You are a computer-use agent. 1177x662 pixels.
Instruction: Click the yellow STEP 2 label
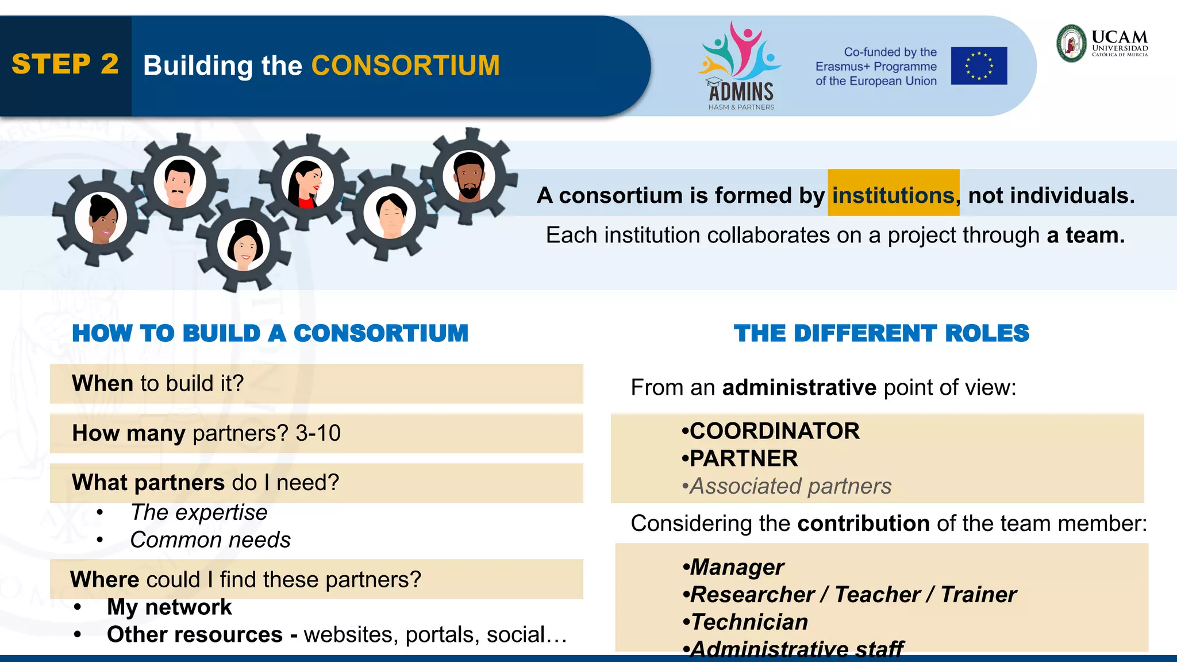tap(65, 64)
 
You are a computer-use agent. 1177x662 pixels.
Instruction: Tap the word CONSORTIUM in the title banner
tap(405, 66)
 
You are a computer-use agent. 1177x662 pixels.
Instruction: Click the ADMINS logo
tap(740, 66)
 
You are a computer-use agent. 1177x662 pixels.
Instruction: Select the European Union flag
tap(979, 66)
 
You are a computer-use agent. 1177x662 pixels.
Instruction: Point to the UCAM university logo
tap(1102, 43)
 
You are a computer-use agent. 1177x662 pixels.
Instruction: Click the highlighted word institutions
tap(893, 195)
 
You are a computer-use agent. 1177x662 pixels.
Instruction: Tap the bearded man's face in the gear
tap(469, 175)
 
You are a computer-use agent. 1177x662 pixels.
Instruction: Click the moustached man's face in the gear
tap(179, 182)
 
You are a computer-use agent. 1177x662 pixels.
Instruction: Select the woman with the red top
tap(307, 183)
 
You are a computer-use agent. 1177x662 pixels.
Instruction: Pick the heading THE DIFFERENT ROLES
tap(881, 333)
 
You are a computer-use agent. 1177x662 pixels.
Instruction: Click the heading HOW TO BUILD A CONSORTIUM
tap(270, 333)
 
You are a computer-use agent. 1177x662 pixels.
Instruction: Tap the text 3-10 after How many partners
tap(318, 433)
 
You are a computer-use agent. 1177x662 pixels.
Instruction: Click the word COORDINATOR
tap(774, 431)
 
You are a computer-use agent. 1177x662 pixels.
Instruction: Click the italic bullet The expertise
tap(199, 512)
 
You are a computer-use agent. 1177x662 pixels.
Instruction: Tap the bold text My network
tap(170, 607)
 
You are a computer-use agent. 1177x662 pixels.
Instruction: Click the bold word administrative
tap(799, 387)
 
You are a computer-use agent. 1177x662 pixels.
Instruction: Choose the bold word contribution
tap(863, 524)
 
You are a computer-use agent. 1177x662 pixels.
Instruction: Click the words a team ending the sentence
tap(1084, 235)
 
